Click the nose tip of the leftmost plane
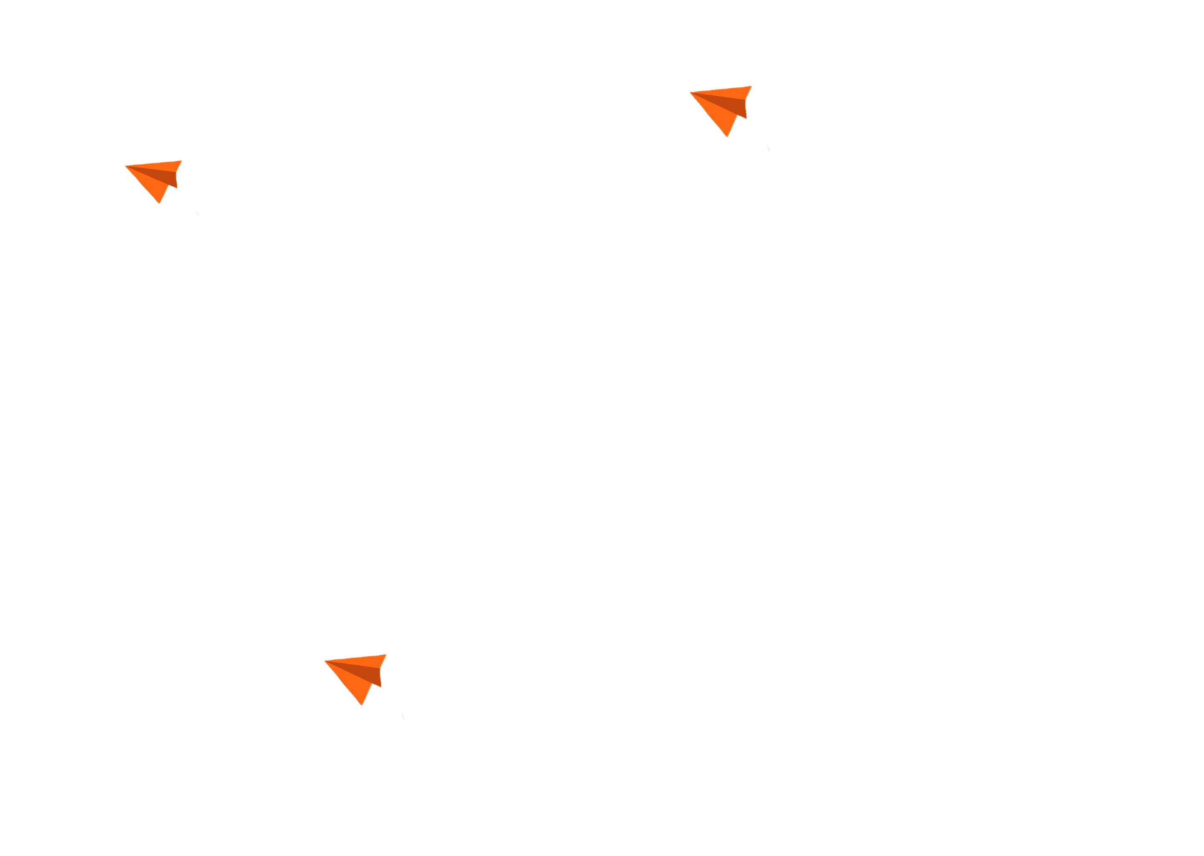[x=125, y=166]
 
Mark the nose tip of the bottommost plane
[x=324, y=660]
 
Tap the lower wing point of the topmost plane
[x=727, y=137]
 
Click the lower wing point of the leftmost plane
[x=159, y=203]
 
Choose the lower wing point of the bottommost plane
[x=362, y=705]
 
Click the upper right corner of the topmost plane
[x=751, y=86]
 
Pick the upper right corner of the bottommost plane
[x=386, y=655]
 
